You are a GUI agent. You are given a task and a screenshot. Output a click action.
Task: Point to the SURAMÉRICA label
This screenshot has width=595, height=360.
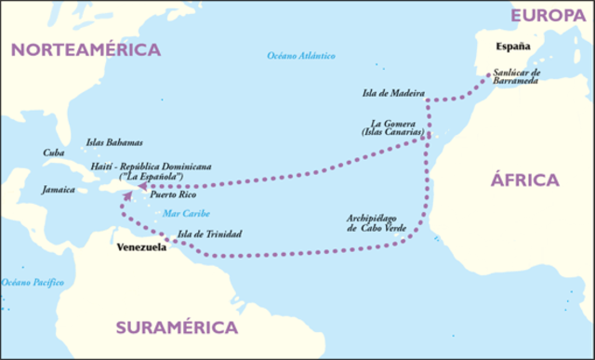[177, 327]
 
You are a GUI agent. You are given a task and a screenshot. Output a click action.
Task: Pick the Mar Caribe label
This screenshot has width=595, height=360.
[183, 213]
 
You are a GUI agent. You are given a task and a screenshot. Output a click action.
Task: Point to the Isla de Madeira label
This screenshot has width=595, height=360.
[393, 94]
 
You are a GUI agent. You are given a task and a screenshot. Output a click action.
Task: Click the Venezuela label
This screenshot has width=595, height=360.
[141, 249]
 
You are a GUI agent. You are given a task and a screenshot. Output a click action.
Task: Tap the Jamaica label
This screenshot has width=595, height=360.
[58, 189]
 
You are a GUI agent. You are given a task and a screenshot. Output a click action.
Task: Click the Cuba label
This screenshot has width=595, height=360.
[54, 153]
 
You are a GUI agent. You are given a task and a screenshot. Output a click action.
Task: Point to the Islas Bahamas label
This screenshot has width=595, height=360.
[114, 142]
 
